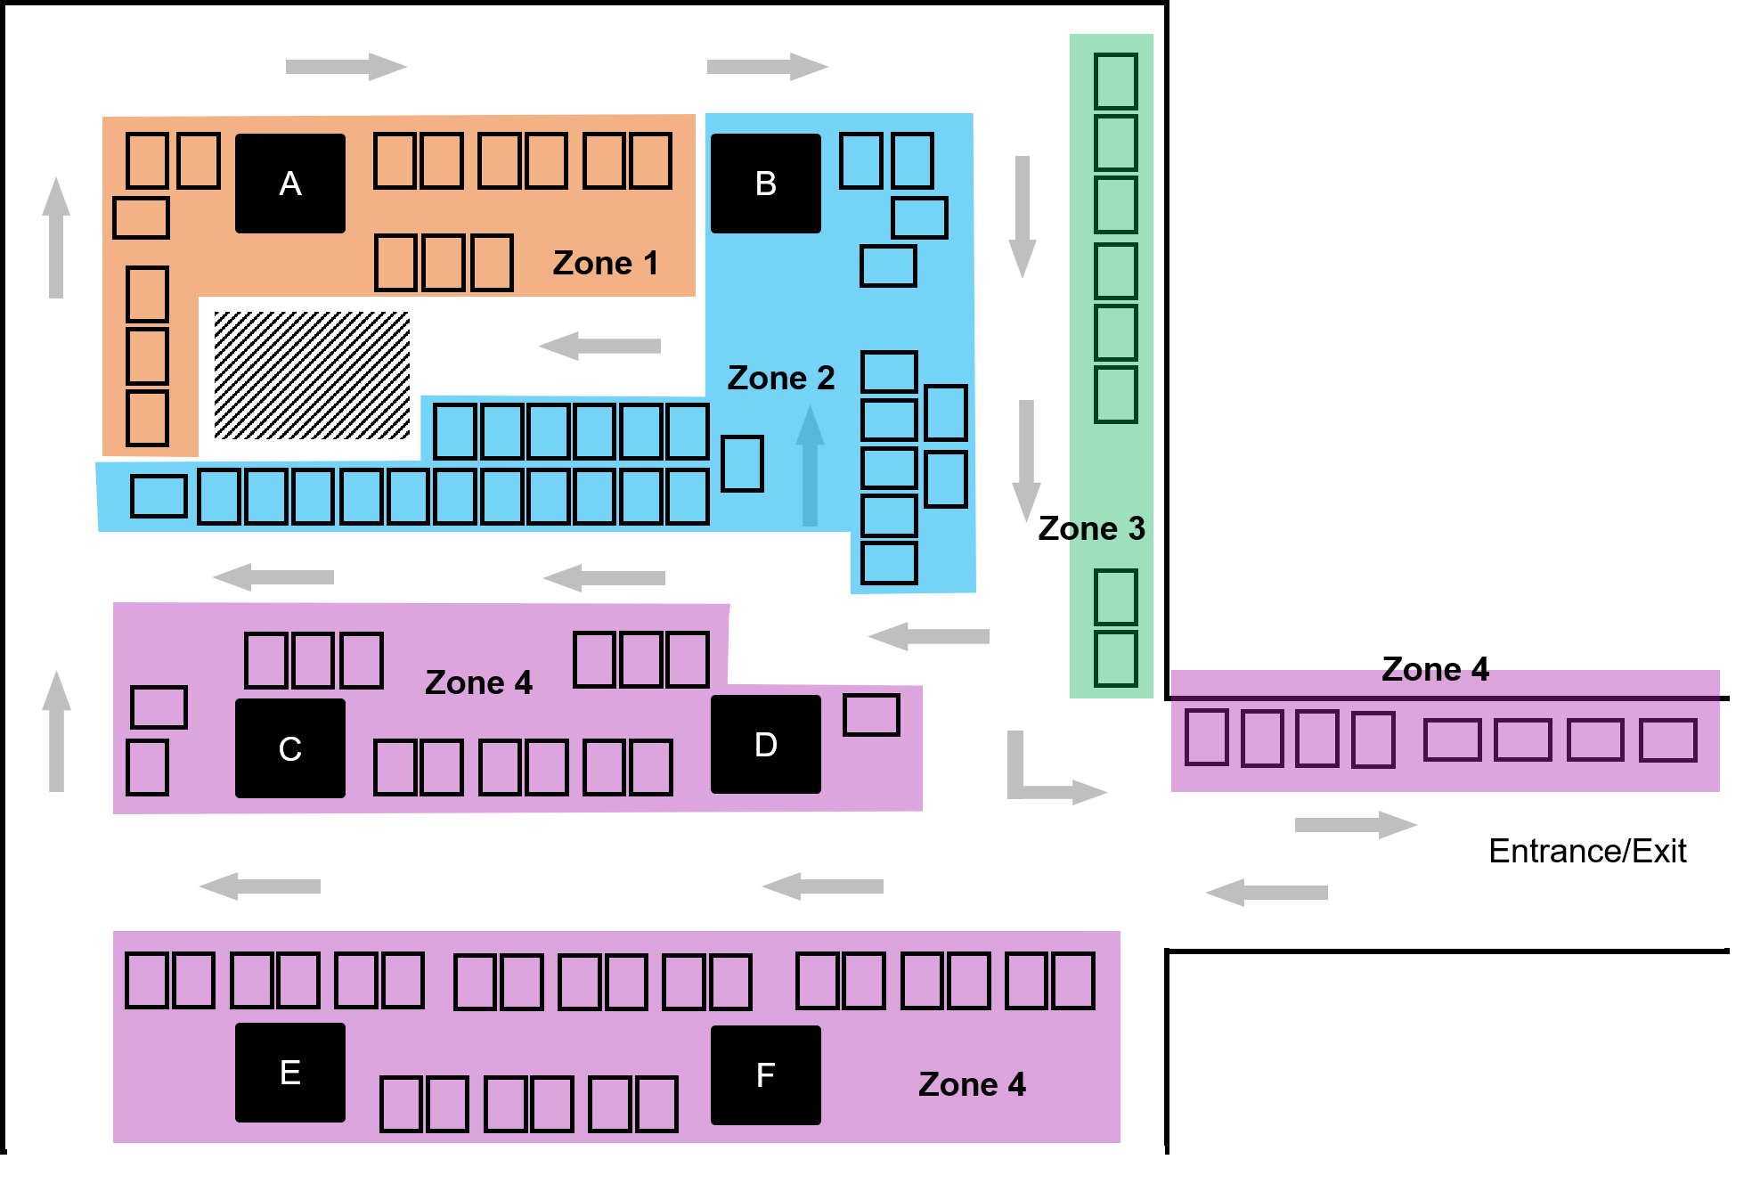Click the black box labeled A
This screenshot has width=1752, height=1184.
point(289,184)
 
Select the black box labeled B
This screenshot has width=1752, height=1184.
point(765,184)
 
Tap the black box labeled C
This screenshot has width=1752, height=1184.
point(289,748)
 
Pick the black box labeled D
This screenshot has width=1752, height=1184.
point(765,744)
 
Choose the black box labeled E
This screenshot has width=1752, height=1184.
point(289,1072)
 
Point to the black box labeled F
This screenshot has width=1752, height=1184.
point(765,1074)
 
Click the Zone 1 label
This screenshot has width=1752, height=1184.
point(605,263)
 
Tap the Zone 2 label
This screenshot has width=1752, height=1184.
point(780,378)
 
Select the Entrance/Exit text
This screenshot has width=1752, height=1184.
point(1586,851)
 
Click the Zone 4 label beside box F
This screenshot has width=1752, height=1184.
point(972,1084)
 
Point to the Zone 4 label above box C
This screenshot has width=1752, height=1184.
point(478,682)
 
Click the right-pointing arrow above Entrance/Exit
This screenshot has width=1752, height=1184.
point(1355,824)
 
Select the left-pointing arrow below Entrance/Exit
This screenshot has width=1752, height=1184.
point(1266,892)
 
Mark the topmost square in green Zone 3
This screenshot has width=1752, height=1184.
point(1115,81)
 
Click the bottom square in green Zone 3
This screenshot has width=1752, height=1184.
point(1115,658)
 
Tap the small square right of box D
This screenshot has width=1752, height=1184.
point(871,714)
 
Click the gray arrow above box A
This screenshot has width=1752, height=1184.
point(346,85)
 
